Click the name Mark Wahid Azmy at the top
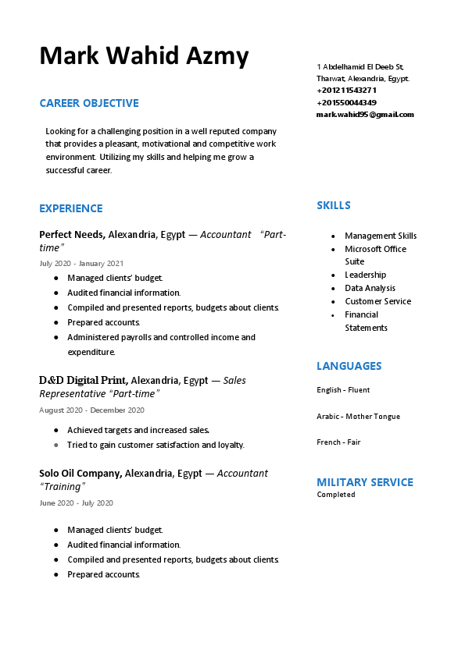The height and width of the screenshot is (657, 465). point(144,56)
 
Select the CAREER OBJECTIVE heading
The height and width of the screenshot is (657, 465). point(89,103)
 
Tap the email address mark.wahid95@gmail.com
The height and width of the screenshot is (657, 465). point(365,115)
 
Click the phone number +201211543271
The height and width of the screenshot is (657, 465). point(346,91)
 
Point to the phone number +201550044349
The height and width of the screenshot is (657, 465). point(346,102)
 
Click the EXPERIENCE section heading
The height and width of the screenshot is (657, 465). point(71,208)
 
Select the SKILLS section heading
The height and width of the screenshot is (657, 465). point(334,205)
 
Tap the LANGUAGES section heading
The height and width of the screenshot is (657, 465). point(349,366)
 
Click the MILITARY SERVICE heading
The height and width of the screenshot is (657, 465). point(365,482)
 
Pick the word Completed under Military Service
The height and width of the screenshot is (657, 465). point(336,495)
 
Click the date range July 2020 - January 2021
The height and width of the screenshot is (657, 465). point(81,264)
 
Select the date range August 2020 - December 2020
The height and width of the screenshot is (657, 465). point(91,410)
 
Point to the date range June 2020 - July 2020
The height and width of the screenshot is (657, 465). point(76,503)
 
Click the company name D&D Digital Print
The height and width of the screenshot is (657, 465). point(84,381)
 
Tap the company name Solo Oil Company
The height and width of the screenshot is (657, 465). point(80,473)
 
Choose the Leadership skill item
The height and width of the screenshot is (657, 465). point(365,275)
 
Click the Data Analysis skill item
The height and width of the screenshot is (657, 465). point(370,288)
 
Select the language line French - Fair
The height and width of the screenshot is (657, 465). point(338,442)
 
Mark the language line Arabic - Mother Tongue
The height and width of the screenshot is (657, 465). point(358,417)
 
